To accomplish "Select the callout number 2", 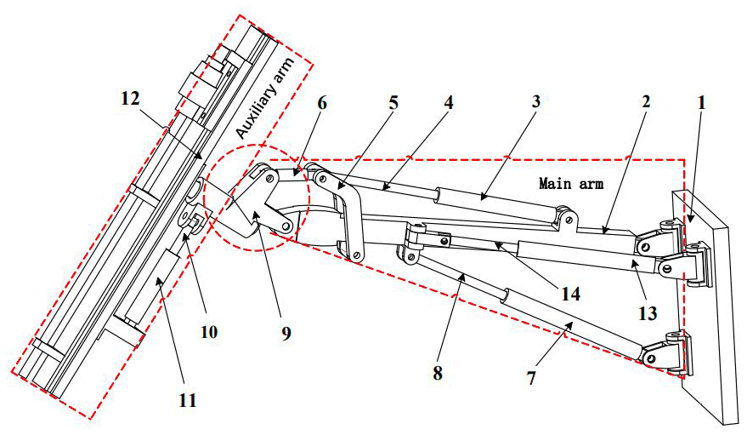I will (646, 101).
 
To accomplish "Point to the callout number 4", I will (448, 101).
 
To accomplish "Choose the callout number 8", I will (437, 372).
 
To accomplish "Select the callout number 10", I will (209, 332).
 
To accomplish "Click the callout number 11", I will (189, 398).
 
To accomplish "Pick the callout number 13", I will (648, 313).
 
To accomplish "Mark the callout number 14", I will (570, 295).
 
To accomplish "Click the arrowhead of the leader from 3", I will (481, 197).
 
